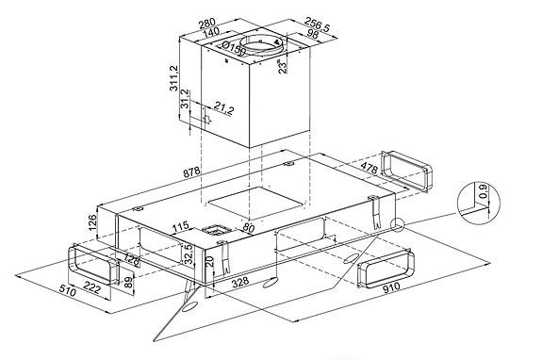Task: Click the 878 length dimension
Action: (x=191, y=172)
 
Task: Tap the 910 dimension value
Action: (x=391, y=286)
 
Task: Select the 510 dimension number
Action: (x=67, y=290)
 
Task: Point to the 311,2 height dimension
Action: (x=173, y=78)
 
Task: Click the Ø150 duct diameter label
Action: (x=234, y=48)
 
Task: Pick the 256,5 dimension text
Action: (x=317, y=25)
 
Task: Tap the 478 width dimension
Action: (x=369, y=168)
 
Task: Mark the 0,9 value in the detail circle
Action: (x=484, y=191)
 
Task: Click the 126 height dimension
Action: (x=92, y=223)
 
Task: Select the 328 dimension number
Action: (x=240, y=282)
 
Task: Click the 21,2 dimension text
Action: (x=223, y=108)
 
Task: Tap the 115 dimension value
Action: (x=180, y=227)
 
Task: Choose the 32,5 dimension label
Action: (x=189, y=254)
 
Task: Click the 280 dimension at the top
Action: (x=207, y=24)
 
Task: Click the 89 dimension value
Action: (x=128, y=283)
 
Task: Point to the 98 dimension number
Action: (x=313, y=34)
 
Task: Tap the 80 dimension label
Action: (x=249, y=228)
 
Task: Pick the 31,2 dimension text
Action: (x=185, y=99)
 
